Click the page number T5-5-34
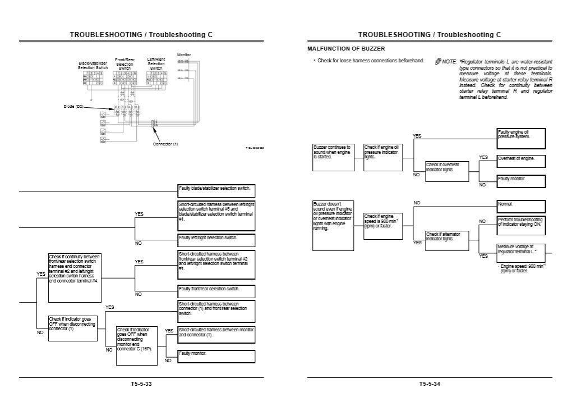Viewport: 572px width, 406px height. pyautogui.click(x=429, y=384)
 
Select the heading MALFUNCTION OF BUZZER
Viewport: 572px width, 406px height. pyautogui.click(x=346, y=49)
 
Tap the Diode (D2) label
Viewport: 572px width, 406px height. pyautogui.click(x=73, y=106)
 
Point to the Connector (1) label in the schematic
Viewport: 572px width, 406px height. pyautogui.click(x=165, y=144)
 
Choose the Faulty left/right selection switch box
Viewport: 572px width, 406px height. pyautogui.click(x=216, y=240)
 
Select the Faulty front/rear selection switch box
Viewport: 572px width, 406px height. pyautogui.click(x=216, y=291)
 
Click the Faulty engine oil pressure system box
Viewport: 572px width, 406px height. pyautogui.click(x=521, y=138)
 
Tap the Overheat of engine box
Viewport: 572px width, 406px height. pyautogui.click(x=521, y=160)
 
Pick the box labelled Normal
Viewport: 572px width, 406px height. pyautogui.click(x=521, y=204)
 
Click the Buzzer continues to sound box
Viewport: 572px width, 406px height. pyautogui.click(x=333, y=157)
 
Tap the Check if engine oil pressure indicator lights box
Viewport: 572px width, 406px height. pyautogui.click(x=384, y=157)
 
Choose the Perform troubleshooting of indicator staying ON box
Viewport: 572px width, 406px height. pyautogui.click(x=521, y=223)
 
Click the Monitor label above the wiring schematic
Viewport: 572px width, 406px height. pyautogui.click(x=184, y=55)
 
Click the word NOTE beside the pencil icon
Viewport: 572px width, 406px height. pyautogui.click(x=450, y=62)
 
